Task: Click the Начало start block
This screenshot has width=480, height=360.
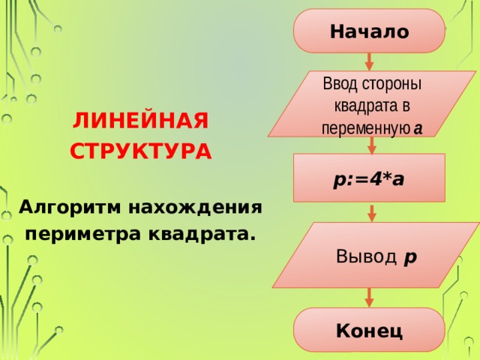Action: [x=369, y=31]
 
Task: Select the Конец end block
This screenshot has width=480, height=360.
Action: [x=369, y=330]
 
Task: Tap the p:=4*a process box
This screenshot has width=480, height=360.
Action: [x=369, y=178]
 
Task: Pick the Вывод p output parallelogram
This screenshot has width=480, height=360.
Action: [x=376, y=256]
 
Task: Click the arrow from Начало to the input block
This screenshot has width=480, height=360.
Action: [x=369, y=61]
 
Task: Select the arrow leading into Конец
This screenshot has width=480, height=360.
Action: [x=370, y=298]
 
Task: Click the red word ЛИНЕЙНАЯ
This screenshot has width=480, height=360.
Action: [x=141, y=121]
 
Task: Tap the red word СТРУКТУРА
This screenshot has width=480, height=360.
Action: [x=141, y=151]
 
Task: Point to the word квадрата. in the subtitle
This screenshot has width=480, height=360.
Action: [x=201, y=234]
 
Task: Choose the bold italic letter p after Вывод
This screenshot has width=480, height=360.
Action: [x=410, y=256]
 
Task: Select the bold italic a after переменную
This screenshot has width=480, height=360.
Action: [x=417, y=128]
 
